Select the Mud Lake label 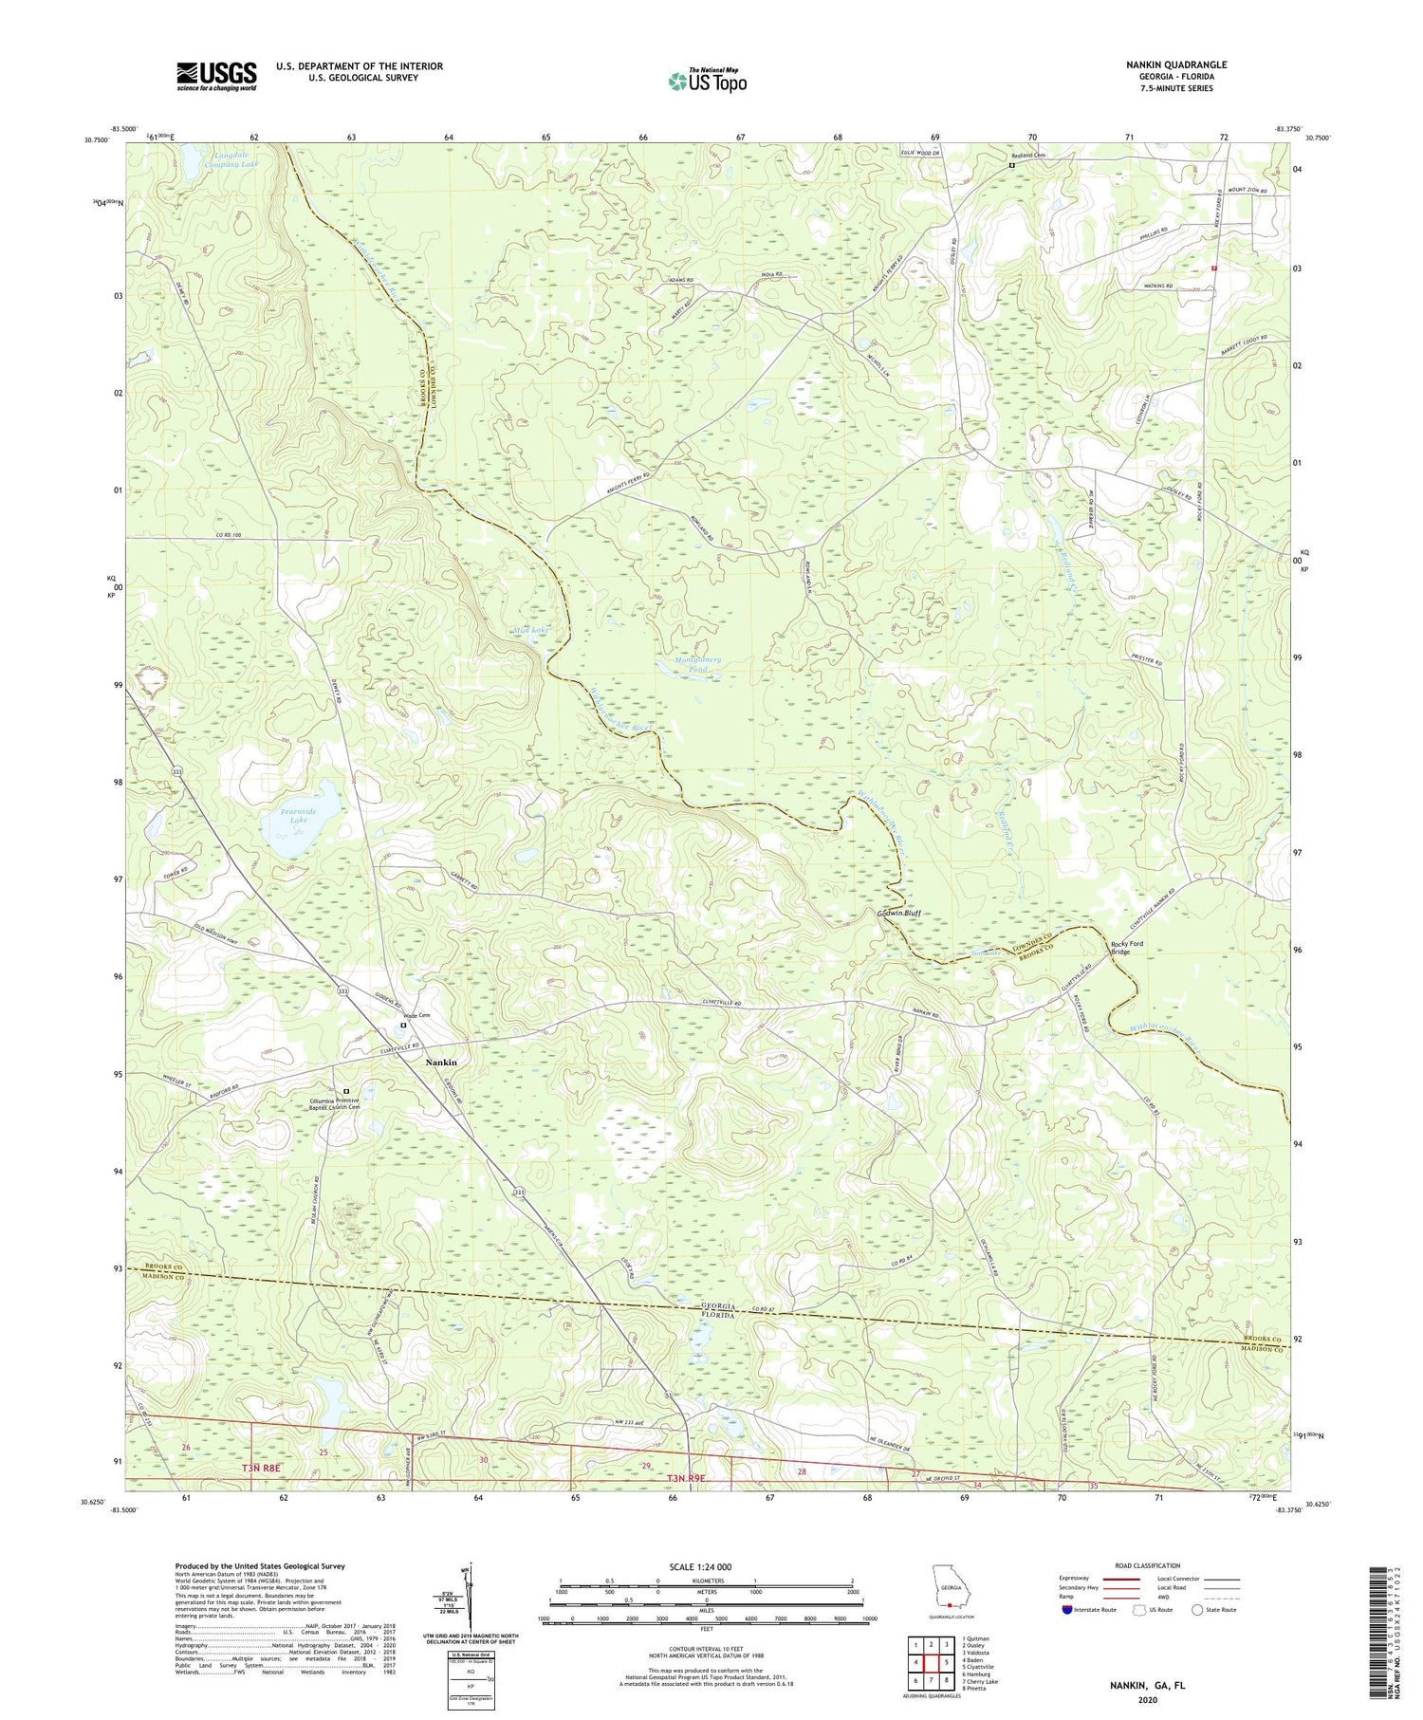pyautogui.click(x=529, y=630)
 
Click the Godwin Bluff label pyautogui.click(x=896, y=913)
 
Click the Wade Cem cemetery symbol pyautogui.click(x=402, y=1026)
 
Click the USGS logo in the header pyautogui.click(x=216, y=76)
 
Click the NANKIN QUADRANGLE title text pyautogui.click(x=1174, y=65)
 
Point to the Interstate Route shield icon pyautogui.click(x=1067, y=1610)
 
